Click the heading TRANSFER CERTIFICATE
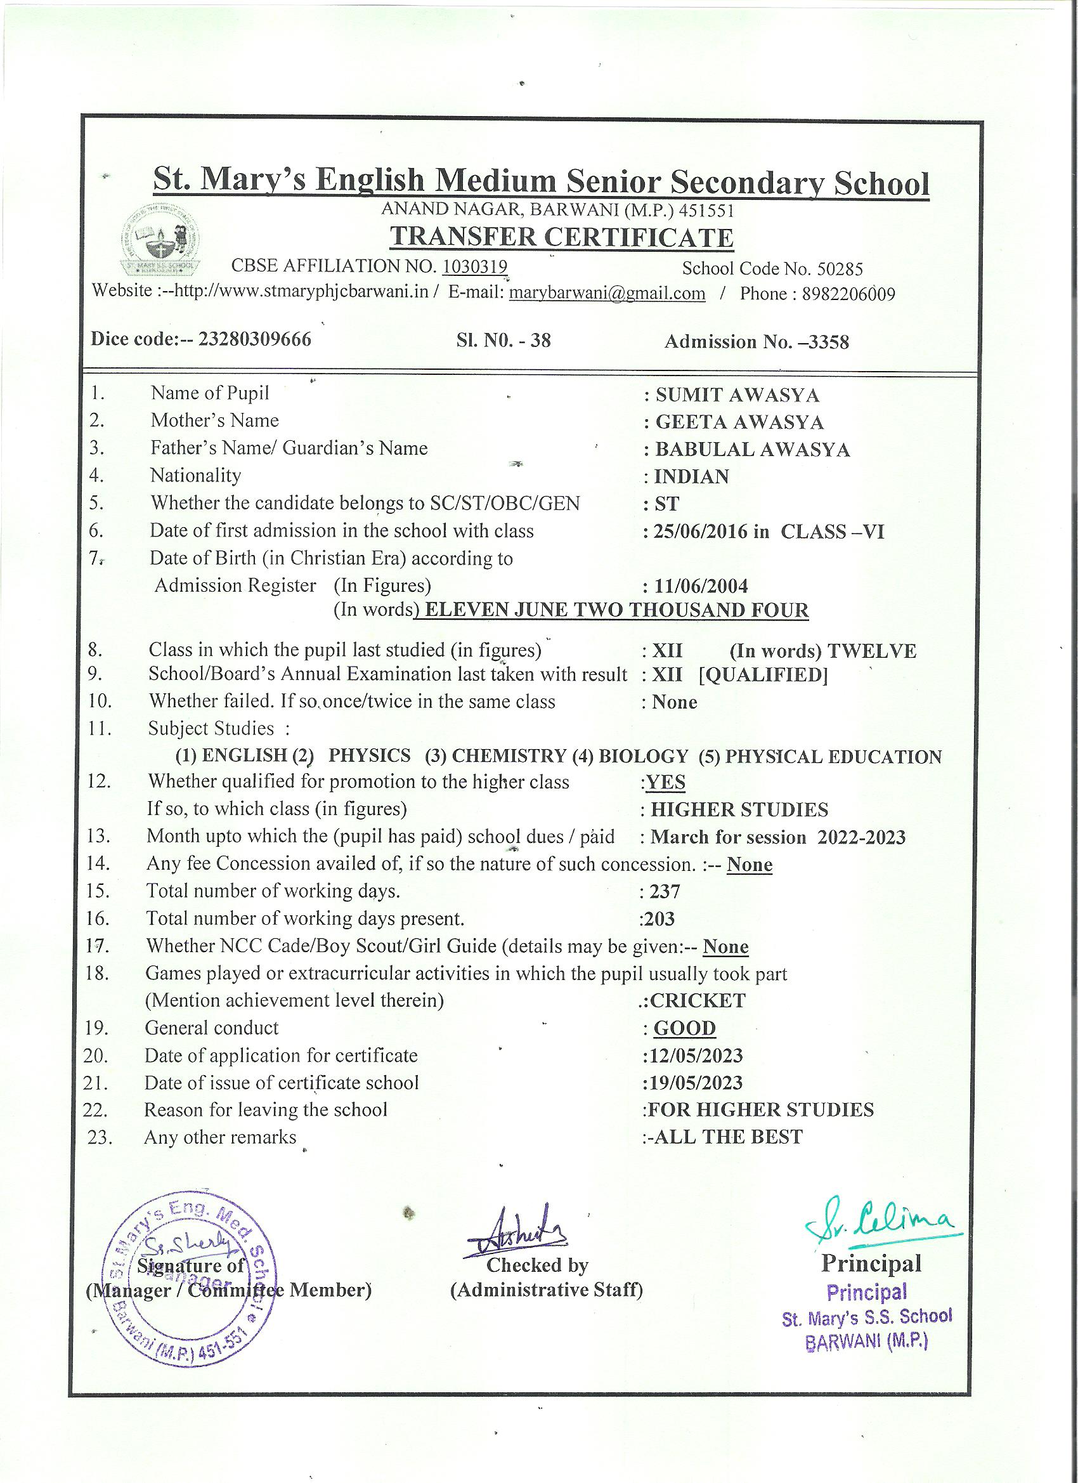point(561,237)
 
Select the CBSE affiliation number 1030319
point(474,267)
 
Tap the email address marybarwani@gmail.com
point(607,293)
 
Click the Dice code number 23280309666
point(254,339)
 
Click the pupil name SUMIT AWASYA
point(737,395)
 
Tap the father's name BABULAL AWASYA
point(752,450)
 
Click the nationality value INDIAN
point(691,477)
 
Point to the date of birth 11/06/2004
point(701,586)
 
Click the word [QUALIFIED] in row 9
point(763,675)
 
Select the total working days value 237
point(665,892)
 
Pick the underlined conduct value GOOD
point(684,1029)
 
